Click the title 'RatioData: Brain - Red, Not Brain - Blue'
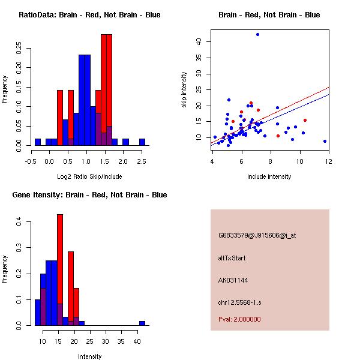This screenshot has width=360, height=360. pos(89,15)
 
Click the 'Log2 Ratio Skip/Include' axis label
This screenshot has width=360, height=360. pos(89,177)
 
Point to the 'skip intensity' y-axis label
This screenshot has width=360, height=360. pos(184,90)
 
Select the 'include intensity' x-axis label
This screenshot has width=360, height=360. pos(270,177)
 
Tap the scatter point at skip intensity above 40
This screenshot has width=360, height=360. pos(257,35)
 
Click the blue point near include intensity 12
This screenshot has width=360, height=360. pos(325,141)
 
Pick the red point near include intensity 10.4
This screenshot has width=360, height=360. pos(305,120)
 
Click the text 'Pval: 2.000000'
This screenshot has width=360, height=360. pos(239,319)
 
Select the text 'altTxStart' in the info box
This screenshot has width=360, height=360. pos(232,258)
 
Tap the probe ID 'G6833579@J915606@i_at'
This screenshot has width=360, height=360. pos(257,235)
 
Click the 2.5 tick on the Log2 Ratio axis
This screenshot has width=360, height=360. pos(142,161)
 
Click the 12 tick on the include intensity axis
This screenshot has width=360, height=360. pos(328,161)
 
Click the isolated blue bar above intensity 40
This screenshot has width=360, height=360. pos(142,323)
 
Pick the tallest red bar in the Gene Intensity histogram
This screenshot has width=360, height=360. pos(60,270)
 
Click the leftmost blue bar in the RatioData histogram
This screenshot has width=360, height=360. pos(38,142)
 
